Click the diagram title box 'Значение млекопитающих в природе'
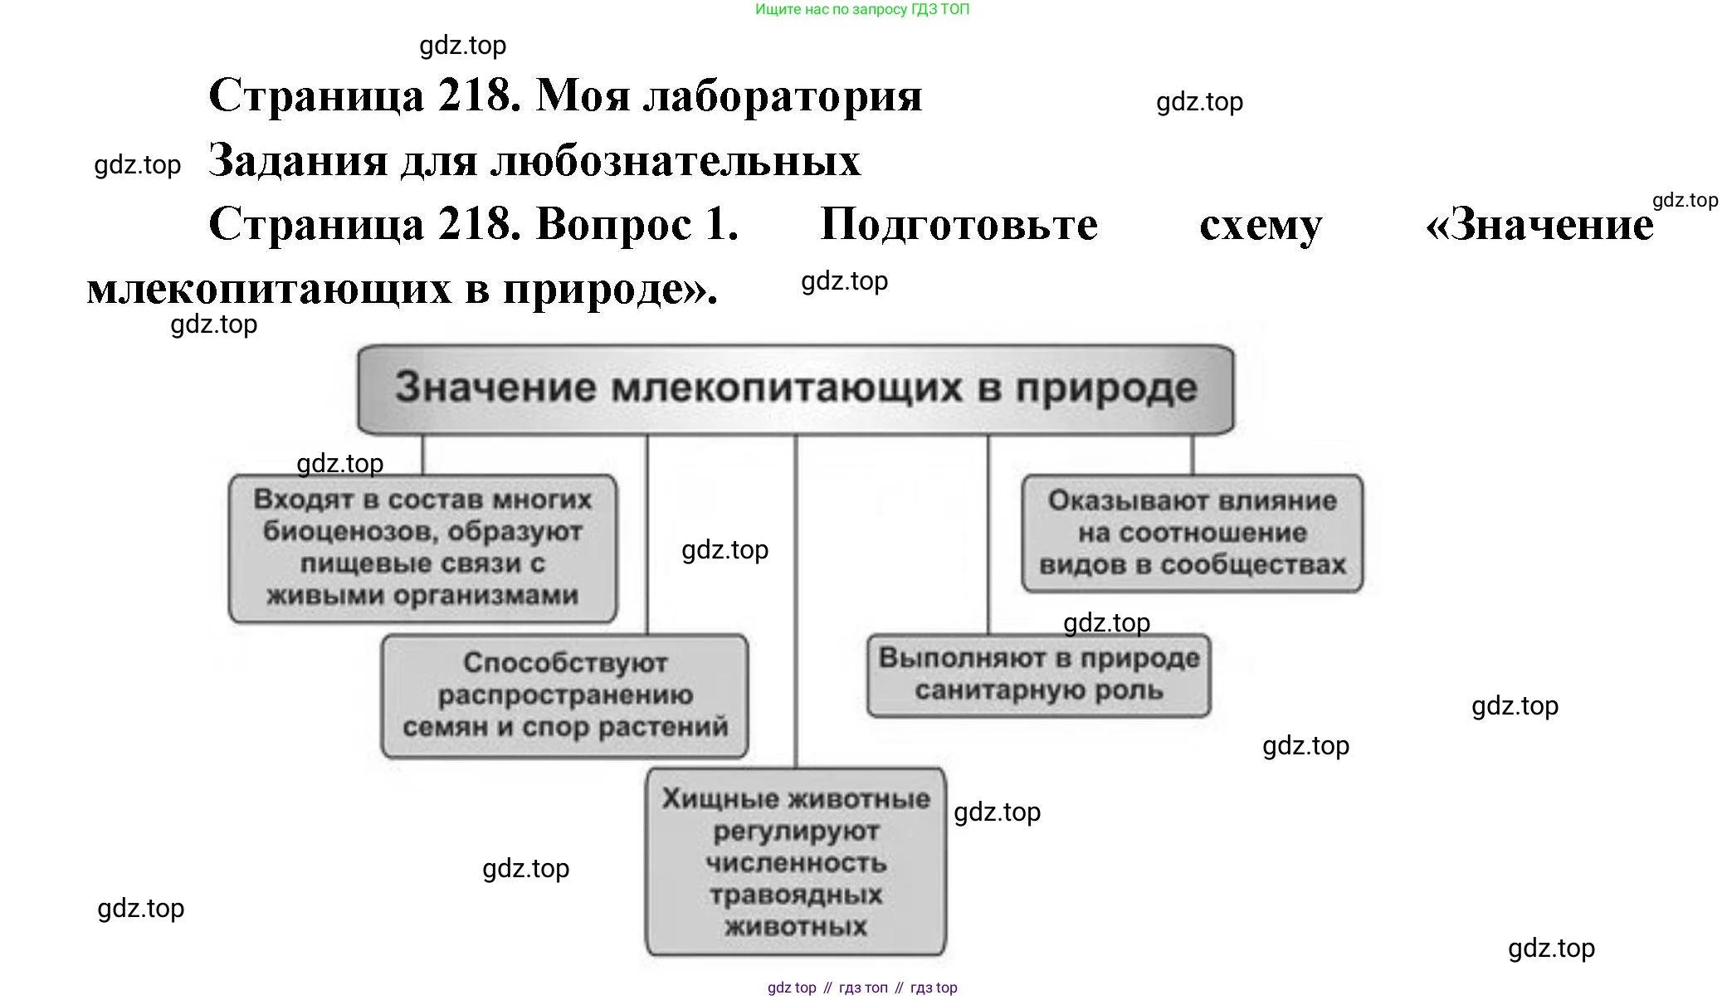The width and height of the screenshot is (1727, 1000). pyautogui.click(x=795, y=388)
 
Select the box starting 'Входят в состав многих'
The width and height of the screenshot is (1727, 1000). pyautogui.click(x=422, y=548)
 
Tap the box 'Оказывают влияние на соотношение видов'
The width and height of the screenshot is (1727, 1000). pyautogui.click(x=1192, y=533)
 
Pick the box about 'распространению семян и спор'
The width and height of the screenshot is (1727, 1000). pyautogui.click(x=564, y=695)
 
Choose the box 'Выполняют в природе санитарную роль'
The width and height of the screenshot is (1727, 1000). pyautogui.click(x=1038, y=675)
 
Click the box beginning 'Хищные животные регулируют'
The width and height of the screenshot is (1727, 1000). pyautogui.click(x=795, y=861)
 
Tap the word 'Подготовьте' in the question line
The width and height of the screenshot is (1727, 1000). pyautogui.click(x=959, y=224)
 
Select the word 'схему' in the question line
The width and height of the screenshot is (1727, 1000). pyautogui.click(x=1260, y=224)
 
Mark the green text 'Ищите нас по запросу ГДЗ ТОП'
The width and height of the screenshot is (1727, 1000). pyautogui.click(x=862, y=9)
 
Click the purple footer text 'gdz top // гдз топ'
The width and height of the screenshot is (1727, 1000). pyautogui.click(x=862, y=988)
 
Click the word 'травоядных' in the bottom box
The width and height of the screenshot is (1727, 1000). pyautogui.click(x=795, y=895)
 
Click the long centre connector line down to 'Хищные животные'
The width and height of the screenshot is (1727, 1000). pyautogui.click(x=795, y=598)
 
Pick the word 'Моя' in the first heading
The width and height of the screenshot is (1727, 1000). pyautogui.click(x=583, y=95)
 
